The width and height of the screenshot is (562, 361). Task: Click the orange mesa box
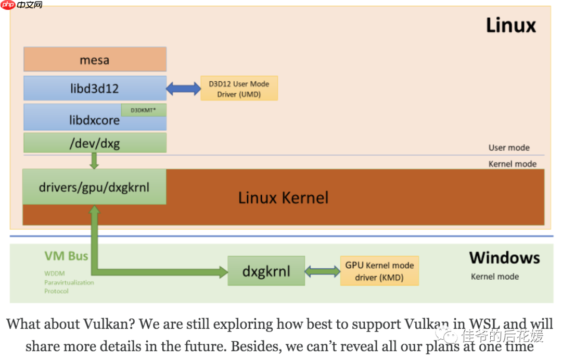[x=95, y=59]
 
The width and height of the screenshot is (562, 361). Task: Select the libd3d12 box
[x=95, y=88]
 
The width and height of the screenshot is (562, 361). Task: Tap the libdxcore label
[x=94, y=120]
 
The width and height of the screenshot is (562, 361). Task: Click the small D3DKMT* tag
[x=144, y=110]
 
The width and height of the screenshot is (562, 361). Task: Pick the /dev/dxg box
[x=95, y=143]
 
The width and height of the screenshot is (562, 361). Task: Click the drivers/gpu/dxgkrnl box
[x=94, y=186]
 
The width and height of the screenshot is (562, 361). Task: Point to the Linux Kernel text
[x=283, y=198]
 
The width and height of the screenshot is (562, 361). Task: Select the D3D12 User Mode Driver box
[x=239, y=89]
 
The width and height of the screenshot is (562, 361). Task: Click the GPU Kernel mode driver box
[x=379, y=271]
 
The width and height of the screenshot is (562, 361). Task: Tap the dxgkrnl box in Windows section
[x=266, y=271]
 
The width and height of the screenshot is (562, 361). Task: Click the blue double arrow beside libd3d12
[x=183, y=89]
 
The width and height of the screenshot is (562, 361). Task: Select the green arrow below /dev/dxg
[x=94, y=160]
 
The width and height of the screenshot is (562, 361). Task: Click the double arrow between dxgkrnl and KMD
[x=322, y=271]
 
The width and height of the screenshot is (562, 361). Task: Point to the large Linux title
[x=510, y=26]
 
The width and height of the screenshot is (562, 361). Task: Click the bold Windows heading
[x=504, y=258]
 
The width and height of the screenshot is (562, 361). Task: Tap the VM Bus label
[x=66, y=256]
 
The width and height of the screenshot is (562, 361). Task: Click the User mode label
[x=508, y=148]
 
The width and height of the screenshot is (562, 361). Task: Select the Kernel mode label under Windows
[x=494, y=277]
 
